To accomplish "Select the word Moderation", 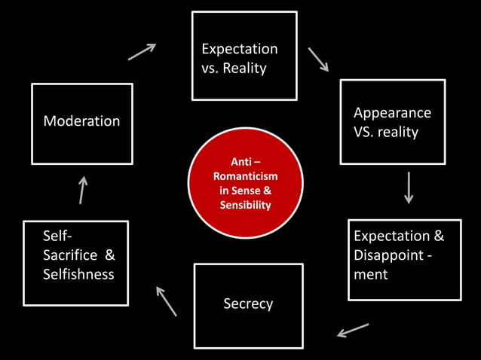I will (x=81, y=121).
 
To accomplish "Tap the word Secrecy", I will (x=248, y=304).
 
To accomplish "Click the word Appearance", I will (x=392, y=112).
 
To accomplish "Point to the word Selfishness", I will (x=78, y=273).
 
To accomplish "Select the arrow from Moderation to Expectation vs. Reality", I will (x=142, y=51).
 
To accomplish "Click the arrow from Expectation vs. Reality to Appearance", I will (x=318, y=59).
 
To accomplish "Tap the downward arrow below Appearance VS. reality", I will (x=409, y=188).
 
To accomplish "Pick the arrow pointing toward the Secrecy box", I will (x=353, y=330).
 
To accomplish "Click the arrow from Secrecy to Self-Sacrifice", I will (x=166, y=301).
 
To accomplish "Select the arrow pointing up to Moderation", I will (x=82, y=190).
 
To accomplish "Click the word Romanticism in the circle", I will (x=245, y=175).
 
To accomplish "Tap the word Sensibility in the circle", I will (x=245, y=205).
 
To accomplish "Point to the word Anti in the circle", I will (x=236, y=161).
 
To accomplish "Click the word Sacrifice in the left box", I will (x=69, y=255).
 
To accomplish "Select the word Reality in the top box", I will (x=246, y=69).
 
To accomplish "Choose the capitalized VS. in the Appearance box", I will (x=365, y=132).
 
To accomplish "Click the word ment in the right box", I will (x=370, y=274).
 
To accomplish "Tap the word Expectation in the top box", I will (x=239, y=49).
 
